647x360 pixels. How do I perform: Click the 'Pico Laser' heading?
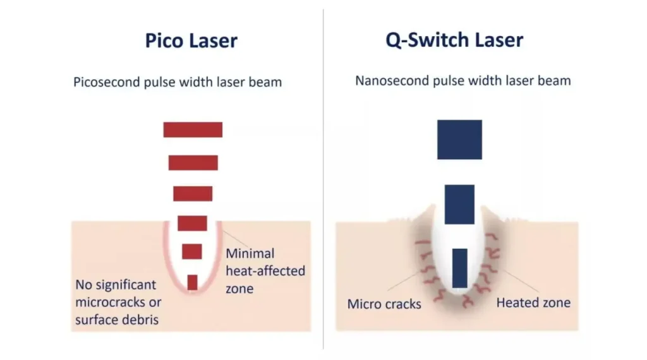tap(191, 41)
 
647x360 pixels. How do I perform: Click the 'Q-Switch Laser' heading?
tap(454, 40)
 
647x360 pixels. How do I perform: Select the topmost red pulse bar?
tap(193, 129)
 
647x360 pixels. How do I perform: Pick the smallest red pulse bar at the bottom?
tap(192, 282)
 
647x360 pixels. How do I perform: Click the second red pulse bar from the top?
tap(193, 162)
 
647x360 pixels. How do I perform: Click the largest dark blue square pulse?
tap(459, 140)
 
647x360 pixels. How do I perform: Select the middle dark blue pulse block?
tap(459, 204)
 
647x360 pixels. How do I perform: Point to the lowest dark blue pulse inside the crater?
tap(459, 268)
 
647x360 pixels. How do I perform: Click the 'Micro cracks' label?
tap(384, 304)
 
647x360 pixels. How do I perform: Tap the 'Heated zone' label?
tap(533, 303)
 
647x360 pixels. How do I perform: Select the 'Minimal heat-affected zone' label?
tap(265, 271)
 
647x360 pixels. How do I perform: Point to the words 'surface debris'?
tap(116, 320)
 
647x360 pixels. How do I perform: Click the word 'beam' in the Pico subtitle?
tap(266, 82)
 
